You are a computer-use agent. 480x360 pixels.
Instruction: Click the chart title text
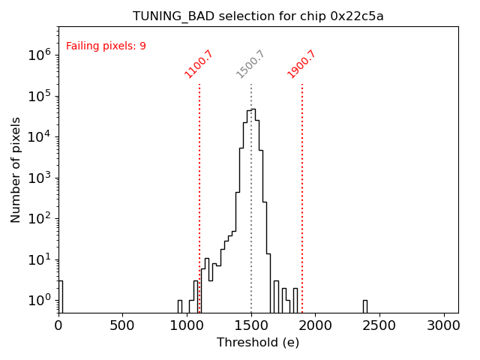tap(258, 16)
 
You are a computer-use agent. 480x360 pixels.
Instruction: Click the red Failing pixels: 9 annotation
tap(106, 46)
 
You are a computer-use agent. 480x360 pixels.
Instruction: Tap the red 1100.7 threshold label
tap(199, 64)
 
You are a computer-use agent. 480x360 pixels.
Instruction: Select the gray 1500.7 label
tap(250, 64)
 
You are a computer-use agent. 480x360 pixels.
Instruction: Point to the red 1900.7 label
tap(301, 64)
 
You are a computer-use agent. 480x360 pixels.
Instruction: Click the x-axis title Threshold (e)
tap(258, 343)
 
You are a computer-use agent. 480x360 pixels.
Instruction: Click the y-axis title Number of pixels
tap(16, 169)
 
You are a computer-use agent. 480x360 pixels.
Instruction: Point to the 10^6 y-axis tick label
tap(39, 55)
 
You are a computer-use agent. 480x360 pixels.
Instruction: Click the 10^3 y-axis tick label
tap(39, 178)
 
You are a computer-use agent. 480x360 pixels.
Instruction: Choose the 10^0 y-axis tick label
tap(39, 301)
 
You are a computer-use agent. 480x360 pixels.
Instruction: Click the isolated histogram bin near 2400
tap(365, 306)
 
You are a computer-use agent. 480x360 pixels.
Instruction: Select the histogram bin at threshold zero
tap(60, 296)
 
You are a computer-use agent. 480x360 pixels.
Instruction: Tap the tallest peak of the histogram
tap(253, 110)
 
